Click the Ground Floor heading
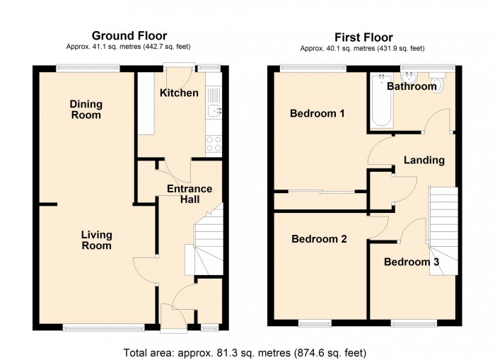pos(129,35)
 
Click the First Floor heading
pos(363,37)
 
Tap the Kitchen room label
pos(179,93)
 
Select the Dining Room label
pos(86,110)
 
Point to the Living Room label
pos(97,240)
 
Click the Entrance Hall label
pos(190,194)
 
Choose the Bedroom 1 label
pos(317,113)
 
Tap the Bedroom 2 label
pos(319,239)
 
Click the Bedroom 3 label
pos(412,262)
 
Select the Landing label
pos(424,160)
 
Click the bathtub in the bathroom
pos(382,100)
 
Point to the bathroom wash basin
pos(409,77)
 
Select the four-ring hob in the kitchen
pos(214,144)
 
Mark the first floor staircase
pos(442,231)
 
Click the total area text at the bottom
pos(245,352)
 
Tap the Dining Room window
pos(88,68)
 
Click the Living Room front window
pos(103,327)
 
